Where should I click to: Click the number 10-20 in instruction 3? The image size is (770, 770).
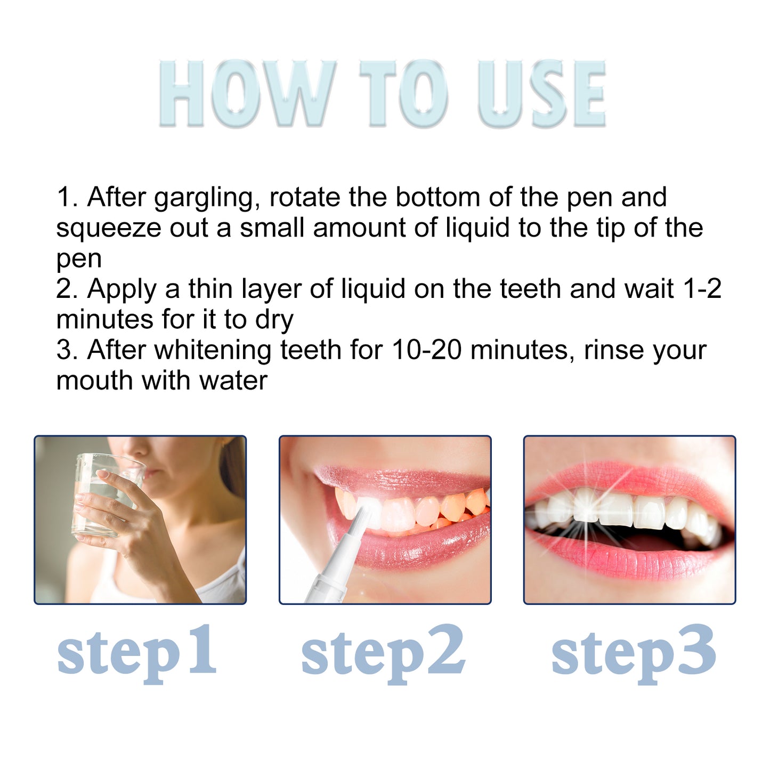click(x=426, y=351)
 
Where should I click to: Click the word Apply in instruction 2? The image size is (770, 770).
click(x=122, y=290)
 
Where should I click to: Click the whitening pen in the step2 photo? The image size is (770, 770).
click(x=341, y=560)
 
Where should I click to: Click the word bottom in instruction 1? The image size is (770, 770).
click(x=437, y=197)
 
